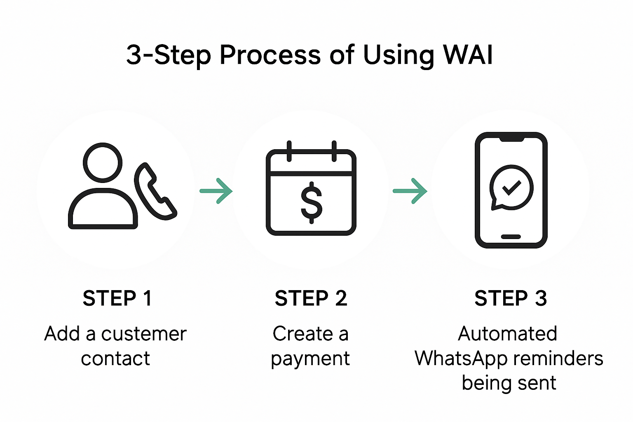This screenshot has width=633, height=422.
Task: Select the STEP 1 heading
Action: (x=117, y=298)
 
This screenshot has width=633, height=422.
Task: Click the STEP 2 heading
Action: (x=311, y=298)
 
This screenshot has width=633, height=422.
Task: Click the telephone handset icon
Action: (x=155, y=191)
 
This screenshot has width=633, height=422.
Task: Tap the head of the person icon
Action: (x=103, y=162)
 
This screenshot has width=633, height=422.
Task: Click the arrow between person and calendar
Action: (x=216, y=191)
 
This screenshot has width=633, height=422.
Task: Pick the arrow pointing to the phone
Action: (x=410, y=191)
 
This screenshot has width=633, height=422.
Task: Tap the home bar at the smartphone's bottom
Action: (x=511, y=237)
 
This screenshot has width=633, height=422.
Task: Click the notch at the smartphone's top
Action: (x=511, y=138)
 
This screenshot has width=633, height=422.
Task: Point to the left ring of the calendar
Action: (x=289, y=151)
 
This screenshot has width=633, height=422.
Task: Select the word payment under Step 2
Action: (x=310, y=359)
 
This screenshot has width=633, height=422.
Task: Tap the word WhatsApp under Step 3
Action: (x=461, y=359)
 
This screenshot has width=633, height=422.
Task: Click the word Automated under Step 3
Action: (x=507, y=334)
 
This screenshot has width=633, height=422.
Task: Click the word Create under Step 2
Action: (x=302, y=334)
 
